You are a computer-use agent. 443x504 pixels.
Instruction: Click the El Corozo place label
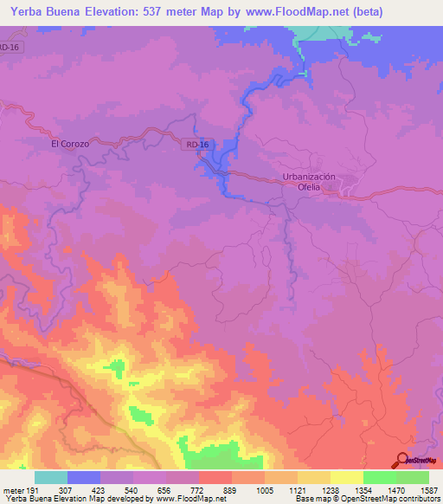70,145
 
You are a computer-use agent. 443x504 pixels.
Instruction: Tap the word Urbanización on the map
308,177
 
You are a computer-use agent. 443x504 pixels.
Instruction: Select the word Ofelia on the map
309,186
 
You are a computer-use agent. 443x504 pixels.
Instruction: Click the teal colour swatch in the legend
51,477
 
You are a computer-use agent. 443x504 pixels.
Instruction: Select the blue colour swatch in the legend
84,477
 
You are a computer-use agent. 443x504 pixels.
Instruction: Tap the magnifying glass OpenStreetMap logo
402,460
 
